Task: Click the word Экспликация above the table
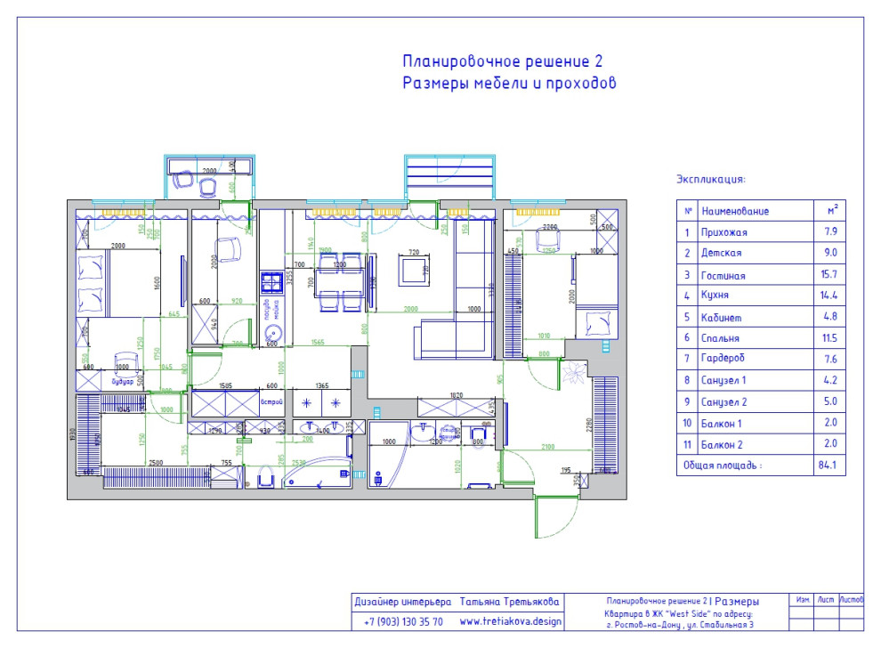coord(710,179)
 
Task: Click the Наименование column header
coord(735,212)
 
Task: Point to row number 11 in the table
coord(687,443)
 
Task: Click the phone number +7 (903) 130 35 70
coord(403,621)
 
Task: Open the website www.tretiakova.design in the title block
coord(510,621)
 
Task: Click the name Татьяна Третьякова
coord(510,603)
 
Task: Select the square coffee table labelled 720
coord(413,269)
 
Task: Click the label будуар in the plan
coord(121,380)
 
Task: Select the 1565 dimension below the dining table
coord(318,344)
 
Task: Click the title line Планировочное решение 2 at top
coord(502,61)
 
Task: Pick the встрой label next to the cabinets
coord(271,402)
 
